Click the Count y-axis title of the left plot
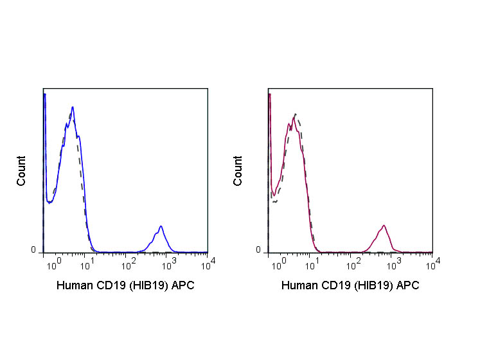[22, 171]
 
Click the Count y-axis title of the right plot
[238, 171]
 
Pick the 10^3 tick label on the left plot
[169, 264]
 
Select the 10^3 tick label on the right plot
[393, 264]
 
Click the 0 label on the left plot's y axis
[34, 250]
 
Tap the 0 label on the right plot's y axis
[259, 250]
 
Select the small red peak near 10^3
[384, 226]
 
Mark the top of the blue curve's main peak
[73, 107]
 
